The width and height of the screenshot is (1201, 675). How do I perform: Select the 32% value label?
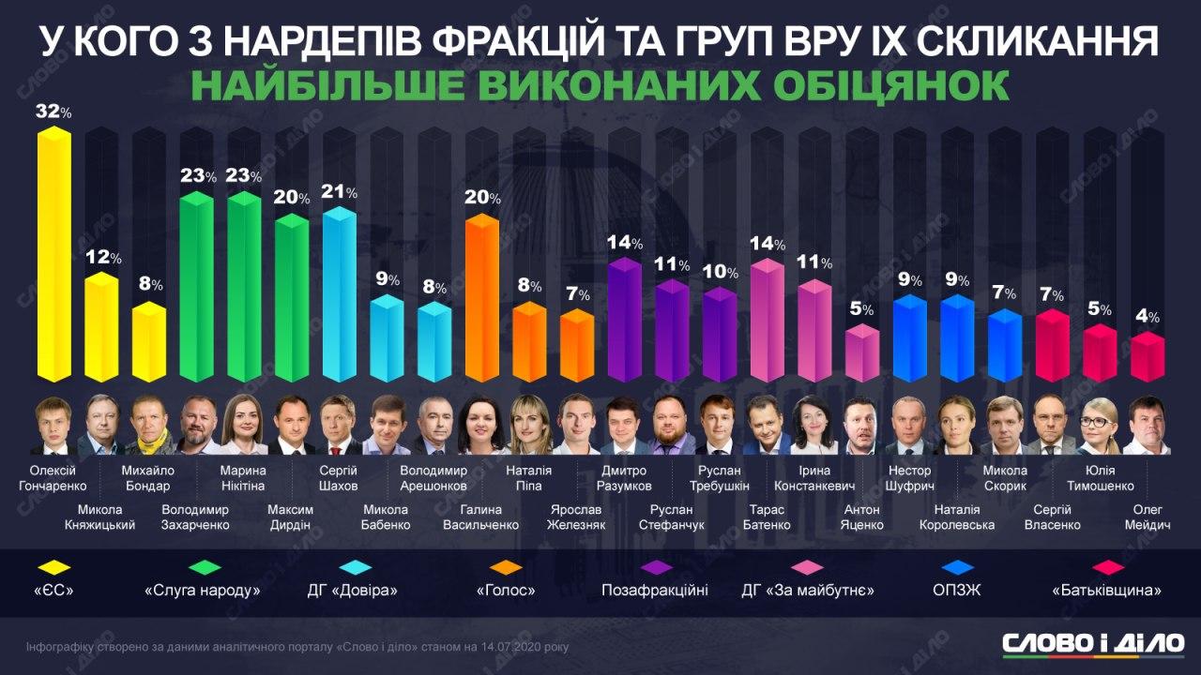coord(53,112)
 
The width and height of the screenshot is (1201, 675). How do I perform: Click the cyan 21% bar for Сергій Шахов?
coord(339,294)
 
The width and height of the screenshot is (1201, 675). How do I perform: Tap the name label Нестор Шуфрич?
coord(909,478)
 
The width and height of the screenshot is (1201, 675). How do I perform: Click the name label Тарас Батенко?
coord(767,517)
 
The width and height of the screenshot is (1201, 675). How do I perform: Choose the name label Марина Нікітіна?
coord(243,478)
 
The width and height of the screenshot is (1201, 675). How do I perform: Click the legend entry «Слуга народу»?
coord(202,591)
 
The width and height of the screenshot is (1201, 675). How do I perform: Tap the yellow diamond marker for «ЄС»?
coord(54,566)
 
